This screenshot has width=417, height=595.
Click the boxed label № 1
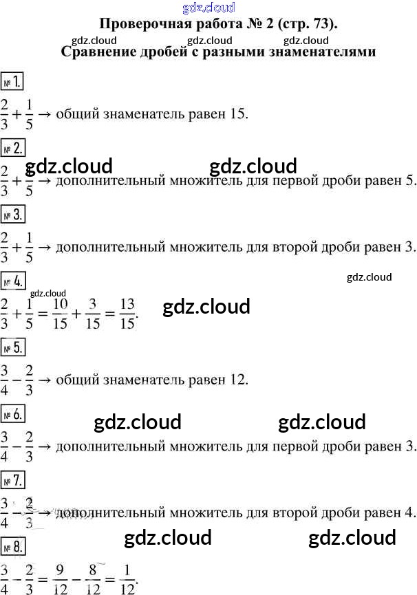click(13, 82)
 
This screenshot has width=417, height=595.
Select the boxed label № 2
click(13, 148)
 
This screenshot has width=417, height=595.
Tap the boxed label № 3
click(13, 215)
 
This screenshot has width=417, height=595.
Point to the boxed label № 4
click(13, 281)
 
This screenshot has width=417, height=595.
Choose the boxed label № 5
click(13, 347)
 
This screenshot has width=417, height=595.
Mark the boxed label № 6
click(13, 413)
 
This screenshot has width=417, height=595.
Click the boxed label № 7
click(13, 479)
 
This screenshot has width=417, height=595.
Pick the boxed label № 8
click(13, 546)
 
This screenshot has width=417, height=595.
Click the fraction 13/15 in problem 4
click(127, 313)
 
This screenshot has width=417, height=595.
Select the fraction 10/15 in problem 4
click(60, 313)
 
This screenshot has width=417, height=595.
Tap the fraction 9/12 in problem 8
click(60, 578)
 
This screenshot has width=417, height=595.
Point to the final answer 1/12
click(127, 578)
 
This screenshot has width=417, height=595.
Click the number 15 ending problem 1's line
click(235, 113)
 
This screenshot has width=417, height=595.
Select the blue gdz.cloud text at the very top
click(209, 8)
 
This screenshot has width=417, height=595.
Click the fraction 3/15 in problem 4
click(94, 313)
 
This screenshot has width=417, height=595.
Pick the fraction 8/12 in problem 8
click(94, 578)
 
